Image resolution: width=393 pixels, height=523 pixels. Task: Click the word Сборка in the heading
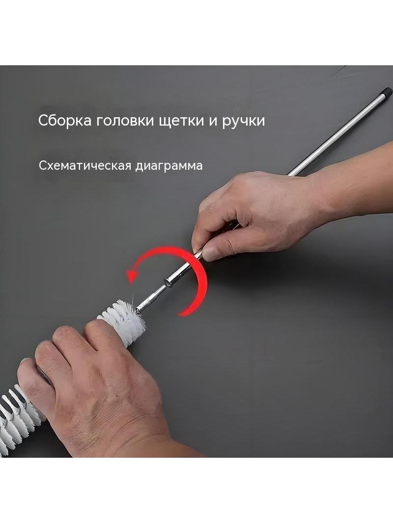pyautogui.click(x=65, y=121)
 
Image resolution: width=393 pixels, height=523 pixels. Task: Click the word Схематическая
pyautogui.click(x=85, y=165)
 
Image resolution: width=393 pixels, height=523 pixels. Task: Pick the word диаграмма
pyautogui.click(x=169, y=166)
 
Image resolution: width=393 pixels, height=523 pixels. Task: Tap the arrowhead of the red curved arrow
pyautogui.click(x=132, y=276)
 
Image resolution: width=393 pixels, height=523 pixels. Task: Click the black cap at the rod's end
pyautogui.click(x=387, y=90)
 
